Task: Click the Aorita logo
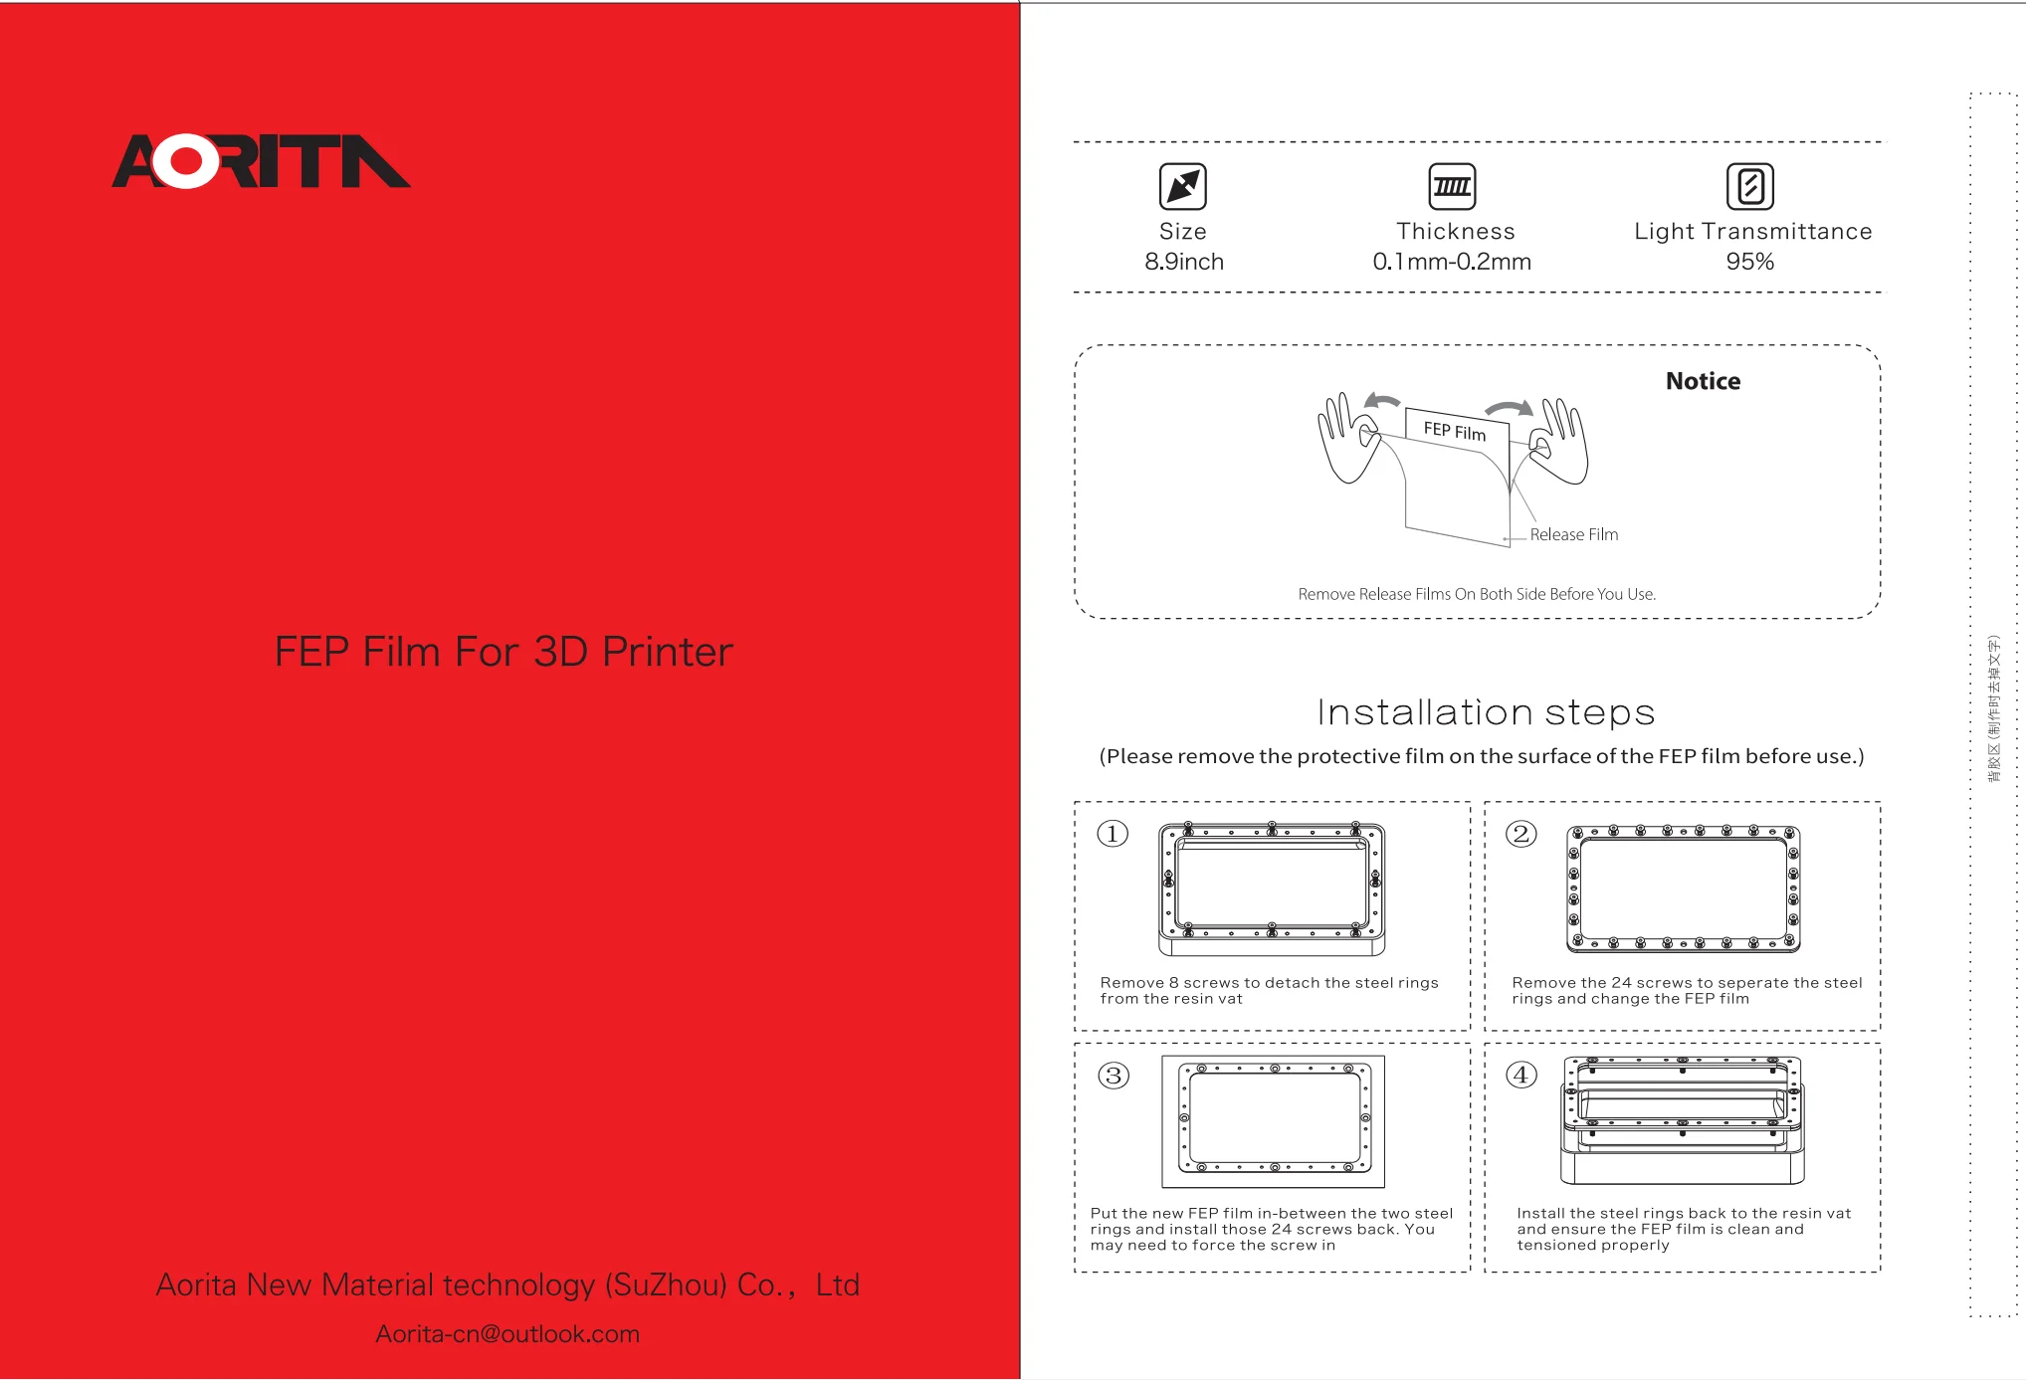coord(261,161)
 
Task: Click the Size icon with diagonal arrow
coord(1182,186)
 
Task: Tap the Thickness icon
coord(1452,186)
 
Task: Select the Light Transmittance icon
coord(1749,186)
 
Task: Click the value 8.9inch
coord(1183,262)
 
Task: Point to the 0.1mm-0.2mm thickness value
coord(1452,262)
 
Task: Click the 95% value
coord(1749,262)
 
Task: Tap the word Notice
coord(1703,381)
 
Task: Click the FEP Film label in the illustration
coord(1454,431)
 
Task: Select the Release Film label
coord(1573,534)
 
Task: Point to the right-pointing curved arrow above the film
coord(1509,408)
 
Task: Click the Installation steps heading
coord(1485,712)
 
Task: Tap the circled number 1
coord(1113,833)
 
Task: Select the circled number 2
coord(1520,833)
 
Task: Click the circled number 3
coord(1114,1076)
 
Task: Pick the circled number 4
coord(1520,1075)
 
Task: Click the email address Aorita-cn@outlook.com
coord(507,1334)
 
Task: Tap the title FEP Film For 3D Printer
coord(504,652)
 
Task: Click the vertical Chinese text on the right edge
coord(1993,708)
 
